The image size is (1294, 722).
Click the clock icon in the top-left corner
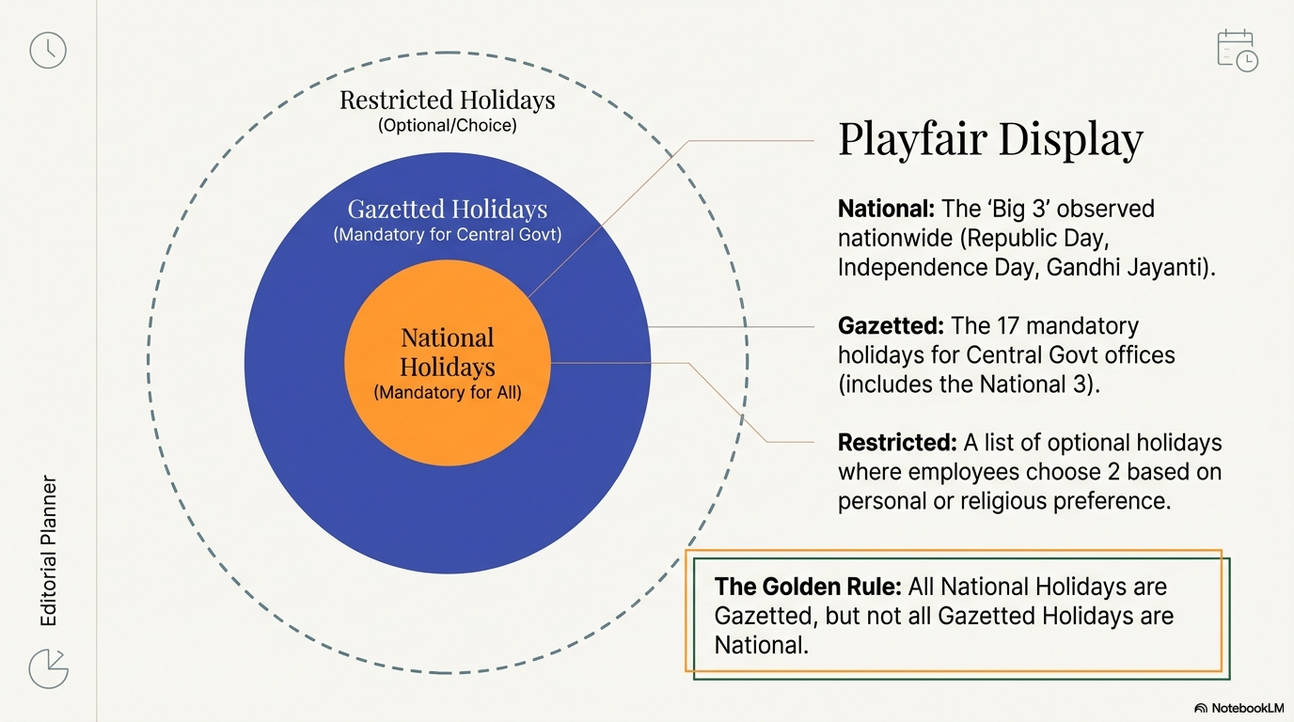pos(48,50)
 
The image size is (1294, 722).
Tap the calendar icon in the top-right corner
pos(1237,51)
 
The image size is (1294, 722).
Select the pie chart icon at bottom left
pos(48,667)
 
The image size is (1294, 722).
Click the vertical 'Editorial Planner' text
pos(49,551)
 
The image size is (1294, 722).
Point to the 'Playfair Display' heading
pos(990,139)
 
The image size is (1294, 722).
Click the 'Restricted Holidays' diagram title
pos(447,100)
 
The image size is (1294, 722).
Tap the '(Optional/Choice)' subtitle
pos(447,124)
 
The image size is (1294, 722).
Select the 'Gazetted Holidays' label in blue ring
pos(447,209)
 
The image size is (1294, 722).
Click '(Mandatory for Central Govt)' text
pos(447,234)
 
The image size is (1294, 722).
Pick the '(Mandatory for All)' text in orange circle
pos(447,392)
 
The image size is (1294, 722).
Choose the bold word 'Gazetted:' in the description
pos(891,326)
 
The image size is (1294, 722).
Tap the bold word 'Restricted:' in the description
pos(897,442)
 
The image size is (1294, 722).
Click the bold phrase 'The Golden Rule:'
pos(808,587)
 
